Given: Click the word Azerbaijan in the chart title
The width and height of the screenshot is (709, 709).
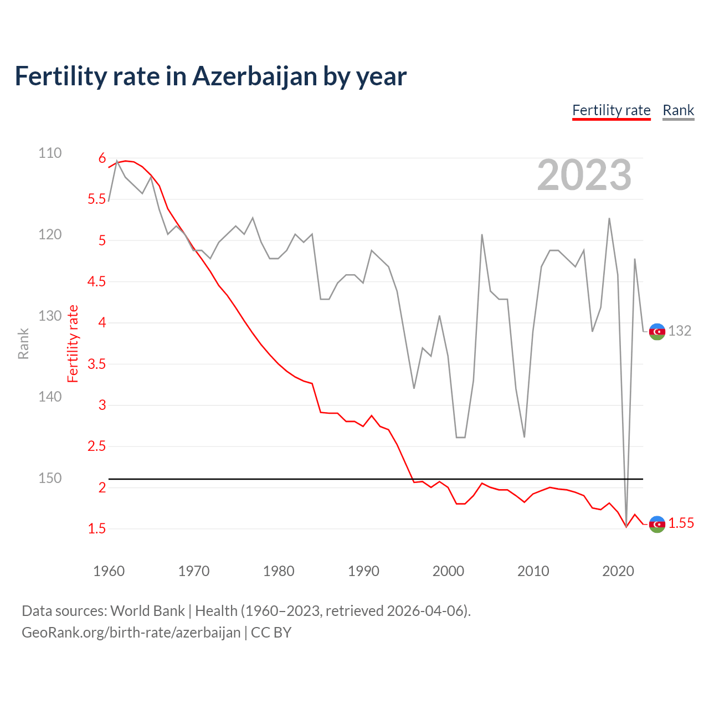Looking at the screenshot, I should coord(255,76).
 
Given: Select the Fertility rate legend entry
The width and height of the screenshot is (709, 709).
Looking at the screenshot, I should coord(611,110).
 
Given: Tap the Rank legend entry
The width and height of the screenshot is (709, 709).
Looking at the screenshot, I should coord(678,110).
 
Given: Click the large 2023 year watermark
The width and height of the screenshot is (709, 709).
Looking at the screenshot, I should coord(584,175).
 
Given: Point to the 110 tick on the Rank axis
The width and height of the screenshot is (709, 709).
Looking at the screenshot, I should coord(50,153).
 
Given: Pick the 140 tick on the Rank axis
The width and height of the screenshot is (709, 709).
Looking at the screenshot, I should coord(50,397).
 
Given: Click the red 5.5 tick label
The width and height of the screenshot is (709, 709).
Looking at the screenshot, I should coord(96,199).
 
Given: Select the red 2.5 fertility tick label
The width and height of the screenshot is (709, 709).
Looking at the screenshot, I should coord(96,446).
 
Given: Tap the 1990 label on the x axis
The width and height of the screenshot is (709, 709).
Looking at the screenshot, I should coord(363,571).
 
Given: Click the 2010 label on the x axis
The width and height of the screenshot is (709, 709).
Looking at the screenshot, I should coord(533,571).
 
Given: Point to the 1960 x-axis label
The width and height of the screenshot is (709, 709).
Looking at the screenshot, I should coord(109,571).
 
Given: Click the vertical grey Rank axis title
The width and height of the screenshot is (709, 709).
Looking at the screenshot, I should coord(23,343).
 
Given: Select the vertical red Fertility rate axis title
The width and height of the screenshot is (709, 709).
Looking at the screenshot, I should coord(73,343).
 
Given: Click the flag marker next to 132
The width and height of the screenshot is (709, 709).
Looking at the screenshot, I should coord(657,331).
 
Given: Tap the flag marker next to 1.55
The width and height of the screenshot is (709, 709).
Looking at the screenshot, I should coord(657,523).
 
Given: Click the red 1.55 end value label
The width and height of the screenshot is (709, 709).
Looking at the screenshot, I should coord(681,523).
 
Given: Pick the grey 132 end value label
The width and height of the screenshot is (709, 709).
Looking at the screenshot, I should coord(680,331).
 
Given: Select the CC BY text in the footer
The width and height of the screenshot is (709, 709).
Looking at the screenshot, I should coord(271,633).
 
